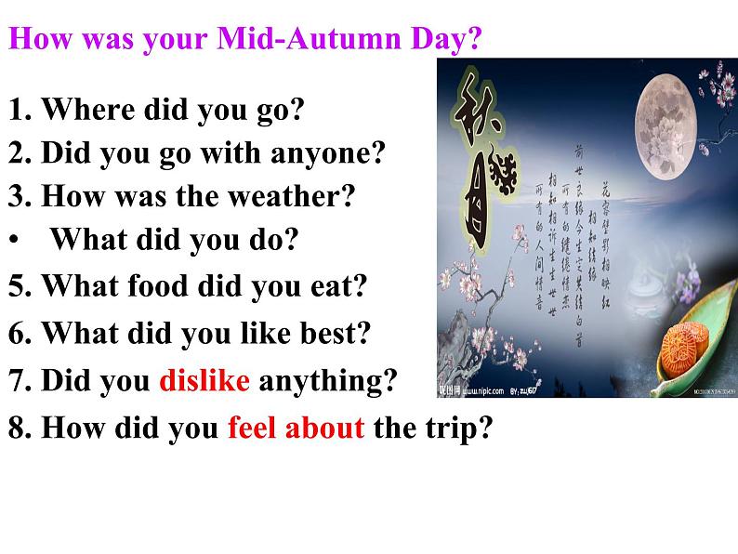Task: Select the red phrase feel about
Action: point(296,429)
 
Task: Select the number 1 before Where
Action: point(17,110)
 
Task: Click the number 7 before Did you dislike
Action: point(17,380)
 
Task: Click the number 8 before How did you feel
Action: point(17,429)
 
